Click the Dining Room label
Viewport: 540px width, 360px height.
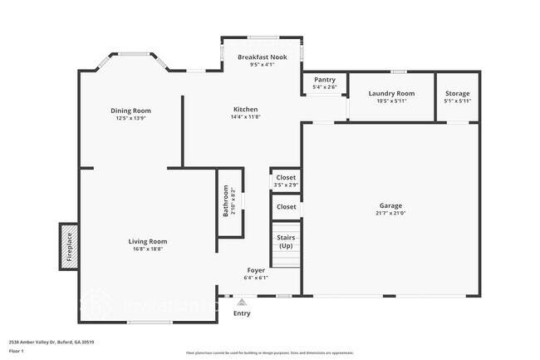tap(131, 111)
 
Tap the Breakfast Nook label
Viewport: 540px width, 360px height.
tap(262, 57)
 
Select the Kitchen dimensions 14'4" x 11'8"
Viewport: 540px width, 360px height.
tap(245, 117)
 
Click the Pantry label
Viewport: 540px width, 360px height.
tap(323, 81)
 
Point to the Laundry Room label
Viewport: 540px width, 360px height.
tap(391, 93)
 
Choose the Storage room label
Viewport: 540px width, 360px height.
tap(458, 93)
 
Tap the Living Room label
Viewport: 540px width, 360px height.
tap(147, 241)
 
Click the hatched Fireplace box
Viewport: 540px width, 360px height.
tap(69, 246)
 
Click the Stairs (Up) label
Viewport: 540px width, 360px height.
tap(285, 241)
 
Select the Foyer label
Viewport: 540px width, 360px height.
tap(257, 270)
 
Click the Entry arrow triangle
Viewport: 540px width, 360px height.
tap(242, 302)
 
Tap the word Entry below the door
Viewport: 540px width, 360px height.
tap(242, 313)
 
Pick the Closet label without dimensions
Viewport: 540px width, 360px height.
tap(286, 206)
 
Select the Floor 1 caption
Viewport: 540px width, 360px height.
tap(17, 352)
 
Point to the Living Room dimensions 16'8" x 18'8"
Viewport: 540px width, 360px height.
tap(147, 249)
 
